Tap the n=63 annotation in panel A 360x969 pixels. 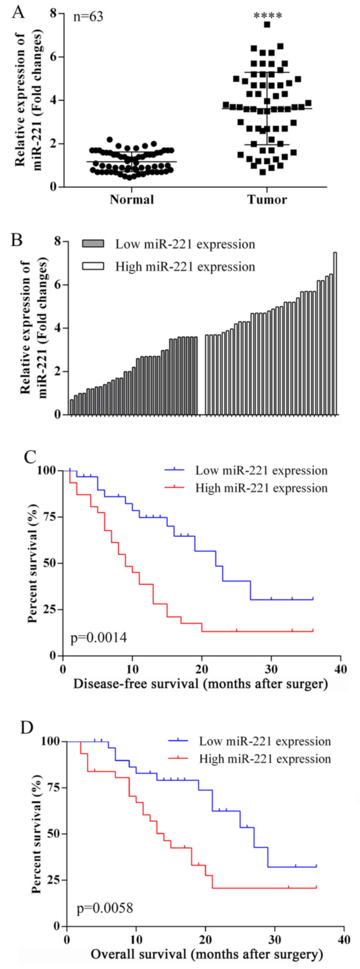click(88, 17)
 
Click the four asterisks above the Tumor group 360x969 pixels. click(268, 16)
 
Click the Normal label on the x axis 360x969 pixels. click(132, 199)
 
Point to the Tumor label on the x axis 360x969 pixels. click(267, 199)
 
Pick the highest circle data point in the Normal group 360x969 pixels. click(110, 140)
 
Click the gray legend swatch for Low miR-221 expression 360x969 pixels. click(93, 244)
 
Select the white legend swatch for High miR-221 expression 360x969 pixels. click(93, 266)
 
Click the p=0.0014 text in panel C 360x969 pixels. click(99, 637)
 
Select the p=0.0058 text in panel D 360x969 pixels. click(105, 908)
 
